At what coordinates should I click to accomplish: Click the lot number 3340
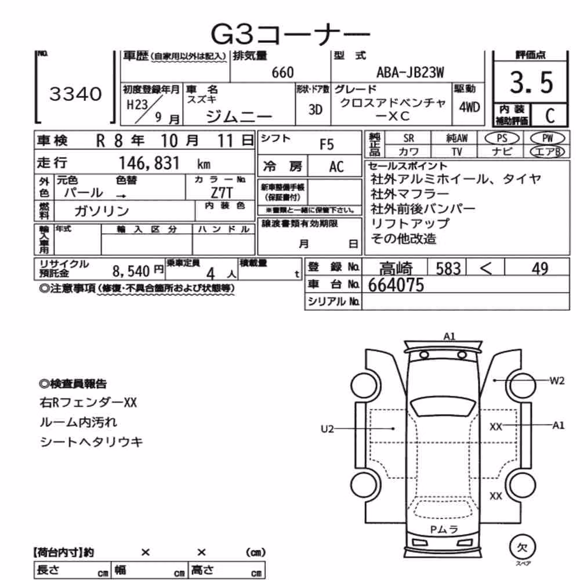tap(75, 94)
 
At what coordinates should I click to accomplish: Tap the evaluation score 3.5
tap(531, 82)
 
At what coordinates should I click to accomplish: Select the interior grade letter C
tap(550, 116)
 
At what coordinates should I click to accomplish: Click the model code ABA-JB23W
tap(410, 72)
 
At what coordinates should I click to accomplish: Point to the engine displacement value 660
tap(282, 72)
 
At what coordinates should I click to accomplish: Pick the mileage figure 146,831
tap(149, 163)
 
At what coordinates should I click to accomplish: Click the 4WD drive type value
tap(469, 107)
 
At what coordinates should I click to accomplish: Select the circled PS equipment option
tap(502, 139)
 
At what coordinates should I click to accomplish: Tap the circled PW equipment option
tap(548, 139)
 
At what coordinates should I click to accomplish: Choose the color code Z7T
tap(222, 193)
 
